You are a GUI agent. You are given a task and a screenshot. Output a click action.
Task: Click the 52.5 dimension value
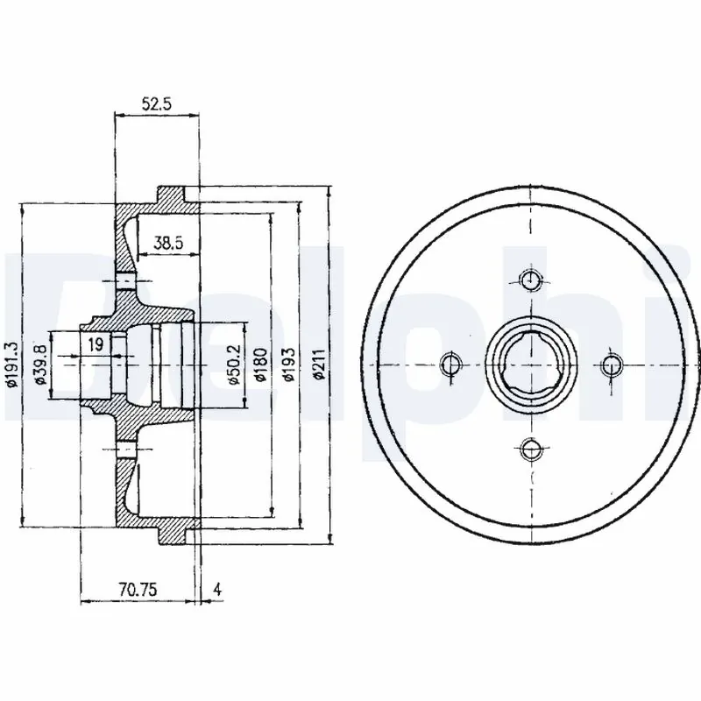point(157,103)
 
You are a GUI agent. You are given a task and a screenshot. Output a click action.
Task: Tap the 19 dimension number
point(96,344)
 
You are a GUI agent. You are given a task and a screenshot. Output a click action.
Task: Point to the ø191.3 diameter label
point(11,364)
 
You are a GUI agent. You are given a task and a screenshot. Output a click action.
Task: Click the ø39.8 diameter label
point(39,364)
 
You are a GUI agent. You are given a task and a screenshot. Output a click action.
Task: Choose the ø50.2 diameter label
point(233,364)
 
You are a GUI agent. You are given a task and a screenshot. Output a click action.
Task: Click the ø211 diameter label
point(320,364)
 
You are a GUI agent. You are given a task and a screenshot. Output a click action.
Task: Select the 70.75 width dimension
point(139,590)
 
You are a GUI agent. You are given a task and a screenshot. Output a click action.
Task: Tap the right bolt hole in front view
point(612,364)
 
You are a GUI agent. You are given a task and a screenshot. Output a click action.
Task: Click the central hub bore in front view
point(530,364)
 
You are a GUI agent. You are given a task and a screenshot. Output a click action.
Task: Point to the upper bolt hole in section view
point(125,281)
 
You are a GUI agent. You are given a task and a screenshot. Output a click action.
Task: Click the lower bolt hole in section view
point(125,450)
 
